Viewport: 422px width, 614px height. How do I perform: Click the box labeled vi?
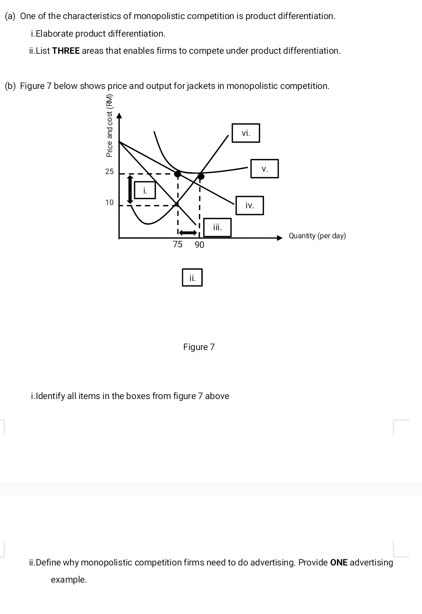245,133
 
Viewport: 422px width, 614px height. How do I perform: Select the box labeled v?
265,168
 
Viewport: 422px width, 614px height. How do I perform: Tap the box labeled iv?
249,205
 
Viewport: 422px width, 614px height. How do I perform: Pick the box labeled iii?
217,227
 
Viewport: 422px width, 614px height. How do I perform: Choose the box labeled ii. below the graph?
192,277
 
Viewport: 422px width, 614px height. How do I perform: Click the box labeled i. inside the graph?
145,190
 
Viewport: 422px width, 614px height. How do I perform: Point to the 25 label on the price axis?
109,172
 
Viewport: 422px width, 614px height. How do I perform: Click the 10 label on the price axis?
109,203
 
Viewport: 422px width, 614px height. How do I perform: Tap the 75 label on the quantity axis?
177,244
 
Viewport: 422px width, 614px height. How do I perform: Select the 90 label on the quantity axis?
199,244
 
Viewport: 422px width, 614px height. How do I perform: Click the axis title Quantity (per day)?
317,236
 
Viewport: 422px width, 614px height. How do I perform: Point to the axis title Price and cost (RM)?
109,126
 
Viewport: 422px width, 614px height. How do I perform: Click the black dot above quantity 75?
177,174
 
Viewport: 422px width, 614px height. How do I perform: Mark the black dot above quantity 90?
201,175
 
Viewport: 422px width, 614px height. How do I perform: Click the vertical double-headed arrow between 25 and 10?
130,189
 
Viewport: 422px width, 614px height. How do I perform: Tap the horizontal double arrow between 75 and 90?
188,233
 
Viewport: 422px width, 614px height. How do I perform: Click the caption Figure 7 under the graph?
199,347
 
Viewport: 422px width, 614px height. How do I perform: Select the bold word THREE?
66,51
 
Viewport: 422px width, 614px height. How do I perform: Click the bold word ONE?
339,562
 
